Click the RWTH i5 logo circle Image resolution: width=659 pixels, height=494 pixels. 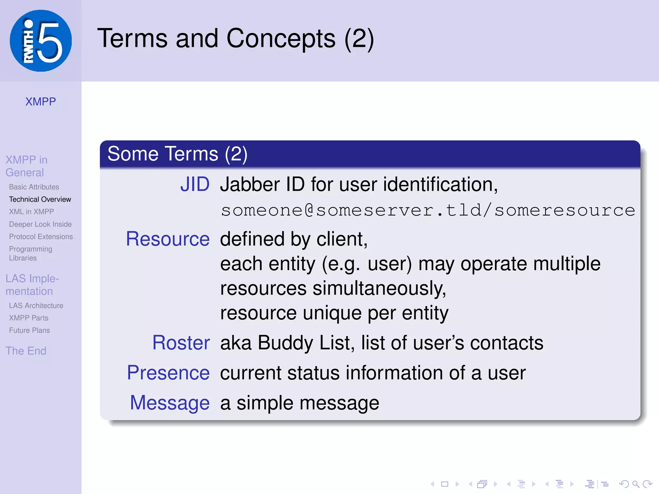pos(41,41)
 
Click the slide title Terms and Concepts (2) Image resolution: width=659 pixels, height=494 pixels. pos(236,39)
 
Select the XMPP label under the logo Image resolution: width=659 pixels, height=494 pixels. pos(41,102)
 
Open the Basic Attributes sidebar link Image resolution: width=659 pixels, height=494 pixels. pos(34,187)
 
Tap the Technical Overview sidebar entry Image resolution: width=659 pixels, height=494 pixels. pos(40,199)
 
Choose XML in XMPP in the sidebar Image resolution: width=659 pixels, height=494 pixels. pos(31,212)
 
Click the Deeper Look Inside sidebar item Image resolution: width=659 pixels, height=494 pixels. pos(40,224)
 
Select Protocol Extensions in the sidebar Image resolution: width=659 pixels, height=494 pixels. pos(41,237)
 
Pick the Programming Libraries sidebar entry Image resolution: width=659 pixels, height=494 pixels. pos(31,253)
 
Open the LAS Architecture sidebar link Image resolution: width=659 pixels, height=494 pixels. pos(36,306)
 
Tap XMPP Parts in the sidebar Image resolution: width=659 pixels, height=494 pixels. pos(29,318)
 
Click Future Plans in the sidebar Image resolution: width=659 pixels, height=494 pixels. pos(29,330)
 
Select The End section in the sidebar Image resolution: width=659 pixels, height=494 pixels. pos(26,351)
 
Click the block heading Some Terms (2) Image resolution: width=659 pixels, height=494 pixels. pos(177,154)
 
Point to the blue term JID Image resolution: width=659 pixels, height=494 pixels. pos(195,185)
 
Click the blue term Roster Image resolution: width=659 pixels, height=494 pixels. pos(181,343)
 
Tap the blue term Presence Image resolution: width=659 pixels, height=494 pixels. pos(168,373)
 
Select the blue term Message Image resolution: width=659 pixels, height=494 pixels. pos(170,403)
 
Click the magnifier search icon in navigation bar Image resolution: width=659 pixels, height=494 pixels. pos(636,484)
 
